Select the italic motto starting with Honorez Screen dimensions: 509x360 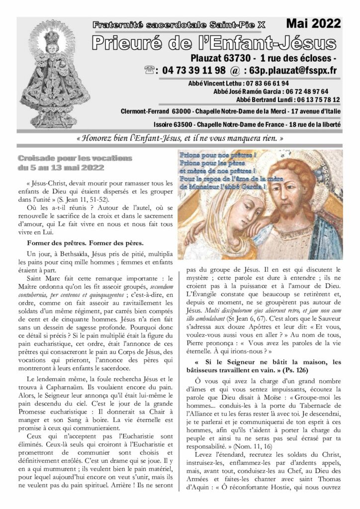(180, 137)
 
